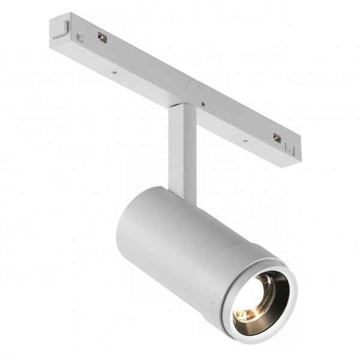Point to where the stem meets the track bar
179,108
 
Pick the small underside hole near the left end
112,75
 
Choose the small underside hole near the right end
245,142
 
